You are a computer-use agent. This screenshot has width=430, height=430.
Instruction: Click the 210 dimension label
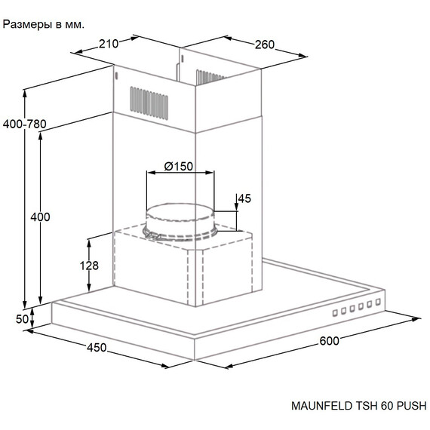[x=109, y=44]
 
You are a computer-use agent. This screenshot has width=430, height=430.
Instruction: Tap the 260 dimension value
[x=265, y=45]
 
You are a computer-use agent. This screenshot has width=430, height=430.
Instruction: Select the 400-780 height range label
[x=25, y=124]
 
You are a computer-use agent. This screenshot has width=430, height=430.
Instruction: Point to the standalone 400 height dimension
[x=40, y=217]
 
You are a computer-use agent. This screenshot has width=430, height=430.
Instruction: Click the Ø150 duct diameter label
[x=179, y=166]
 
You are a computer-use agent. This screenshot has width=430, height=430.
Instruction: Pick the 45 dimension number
[x=244, y=198]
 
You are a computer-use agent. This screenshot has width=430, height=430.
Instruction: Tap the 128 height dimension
[x=89, y=266]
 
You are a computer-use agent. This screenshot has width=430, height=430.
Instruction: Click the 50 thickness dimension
[x=22, y=319]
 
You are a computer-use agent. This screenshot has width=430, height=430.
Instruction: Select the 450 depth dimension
[x=97, y=348]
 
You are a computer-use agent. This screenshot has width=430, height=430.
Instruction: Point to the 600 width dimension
[x=330, y=341]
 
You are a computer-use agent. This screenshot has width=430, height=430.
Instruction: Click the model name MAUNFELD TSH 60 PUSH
[x=359, y=406]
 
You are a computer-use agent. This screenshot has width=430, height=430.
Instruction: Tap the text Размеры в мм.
[x=43, y=25]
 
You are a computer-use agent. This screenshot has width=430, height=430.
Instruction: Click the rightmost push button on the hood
[x=378, y=302]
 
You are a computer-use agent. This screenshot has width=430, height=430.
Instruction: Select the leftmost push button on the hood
[x=335, y=313]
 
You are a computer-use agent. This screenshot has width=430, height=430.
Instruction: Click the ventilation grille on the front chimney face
[x=149, y=103]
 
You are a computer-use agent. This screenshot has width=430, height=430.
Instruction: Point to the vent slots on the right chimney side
[x=210, y=77]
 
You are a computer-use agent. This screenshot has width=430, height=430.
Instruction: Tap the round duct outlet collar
[x=180, y=222]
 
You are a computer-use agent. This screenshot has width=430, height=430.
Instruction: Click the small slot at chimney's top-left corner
[x=116, y=76]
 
